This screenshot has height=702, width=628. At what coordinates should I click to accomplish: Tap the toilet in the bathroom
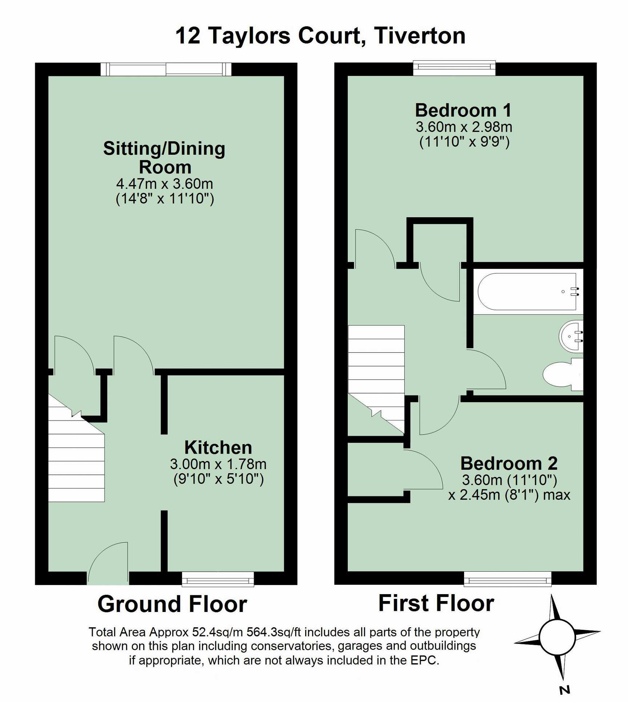pos(563,374)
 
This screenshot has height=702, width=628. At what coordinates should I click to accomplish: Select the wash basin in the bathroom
pos(571,336)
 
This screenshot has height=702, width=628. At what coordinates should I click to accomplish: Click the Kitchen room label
pos(218,447)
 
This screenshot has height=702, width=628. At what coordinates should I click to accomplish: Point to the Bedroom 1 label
pos(463,110)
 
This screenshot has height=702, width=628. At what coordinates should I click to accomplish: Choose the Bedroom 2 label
pos(509,463)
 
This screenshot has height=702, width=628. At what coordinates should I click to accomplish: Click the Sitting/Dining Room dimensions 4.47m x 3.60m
pos(165,184)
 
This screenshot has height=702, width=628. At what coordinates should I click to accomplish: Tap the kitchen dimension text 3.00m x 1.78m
pos(218,464)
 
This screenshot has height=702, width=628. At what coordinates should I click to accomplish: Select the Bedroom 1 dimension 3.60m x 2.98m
pos(464,127)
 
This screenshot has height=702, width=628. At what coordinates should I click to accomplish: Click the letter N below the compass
pos(564,690)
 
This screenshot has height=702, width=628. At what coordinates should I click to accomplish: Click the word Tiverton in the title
pos(420,36)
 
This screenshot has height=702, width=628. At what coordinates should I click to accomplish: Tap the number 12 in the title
pos(188,36)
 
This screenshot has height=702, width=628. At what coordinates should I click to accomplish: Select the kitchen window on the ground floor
pos(218,579)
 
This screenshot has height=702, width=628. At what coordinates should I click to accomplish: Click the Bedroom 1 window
pos(454,68)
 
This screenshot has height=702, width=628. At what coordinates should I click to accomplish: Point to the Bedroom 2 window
pos(508,579)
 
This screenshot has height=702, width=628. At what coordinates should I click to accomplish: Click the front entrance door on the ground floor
pos(108,563)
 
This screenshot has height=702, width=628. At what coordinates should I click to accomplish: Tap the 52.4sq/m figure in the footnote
pos(217,632)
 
